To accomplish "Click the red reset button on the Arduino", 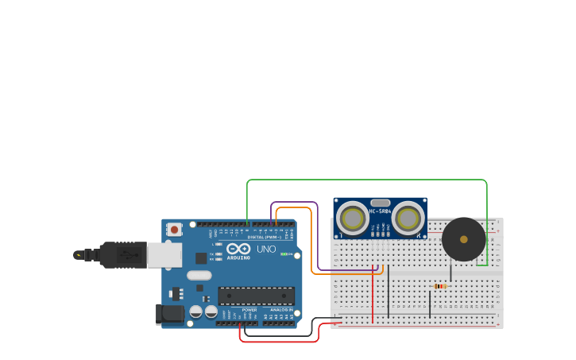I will click(x=174, y=229).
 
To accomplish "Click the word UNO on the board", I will click(x=266, y=250).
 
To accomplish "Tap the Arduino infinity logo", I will click(x=238, y=249).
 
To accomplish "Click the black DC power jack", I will click(x=169, y=314).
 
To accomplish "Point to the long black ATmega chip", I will click(x=256, y=296).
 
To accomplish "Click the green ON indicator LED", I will click(x=284, y=254).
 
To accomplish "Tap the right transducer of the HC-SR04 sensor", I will click(x=408, y=218).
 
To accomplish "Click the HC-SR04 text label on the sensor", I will click(x=381, y=211).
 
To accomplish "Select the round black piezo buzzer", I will click(x=463, y=239).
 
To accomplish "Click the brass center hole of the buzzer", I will click(x=463, y=239).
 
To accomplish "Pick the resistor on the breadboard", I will click(x=439, y=286).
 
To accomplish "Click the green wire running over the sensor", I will click(x=365, y=180).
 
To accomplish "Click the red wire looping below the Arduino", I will click(x=278, y=342).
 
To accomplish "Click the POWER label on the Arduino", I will click(x=249, y=310).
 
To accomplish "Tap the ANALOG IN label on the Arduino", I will click(x=281, y=310).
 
